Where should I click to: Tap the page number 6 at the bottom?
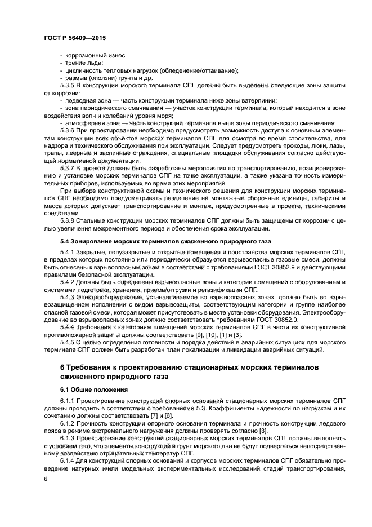point(46,479)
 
